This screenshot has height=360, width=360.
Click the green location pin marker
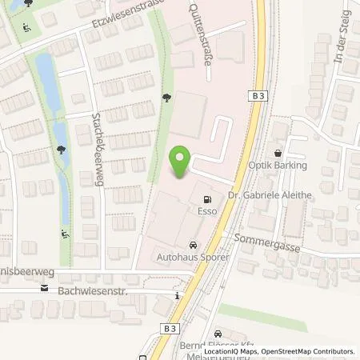[182, 161]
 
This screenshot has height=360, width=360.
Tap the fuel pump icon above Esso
[208, 199]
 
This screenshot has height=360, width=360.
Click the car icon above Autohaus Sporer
[192, 246]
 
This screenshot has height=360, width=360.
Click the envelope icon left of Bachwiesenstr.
[46, 289]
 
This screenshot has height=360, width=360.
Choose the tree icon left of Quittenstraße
[166, 98]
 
